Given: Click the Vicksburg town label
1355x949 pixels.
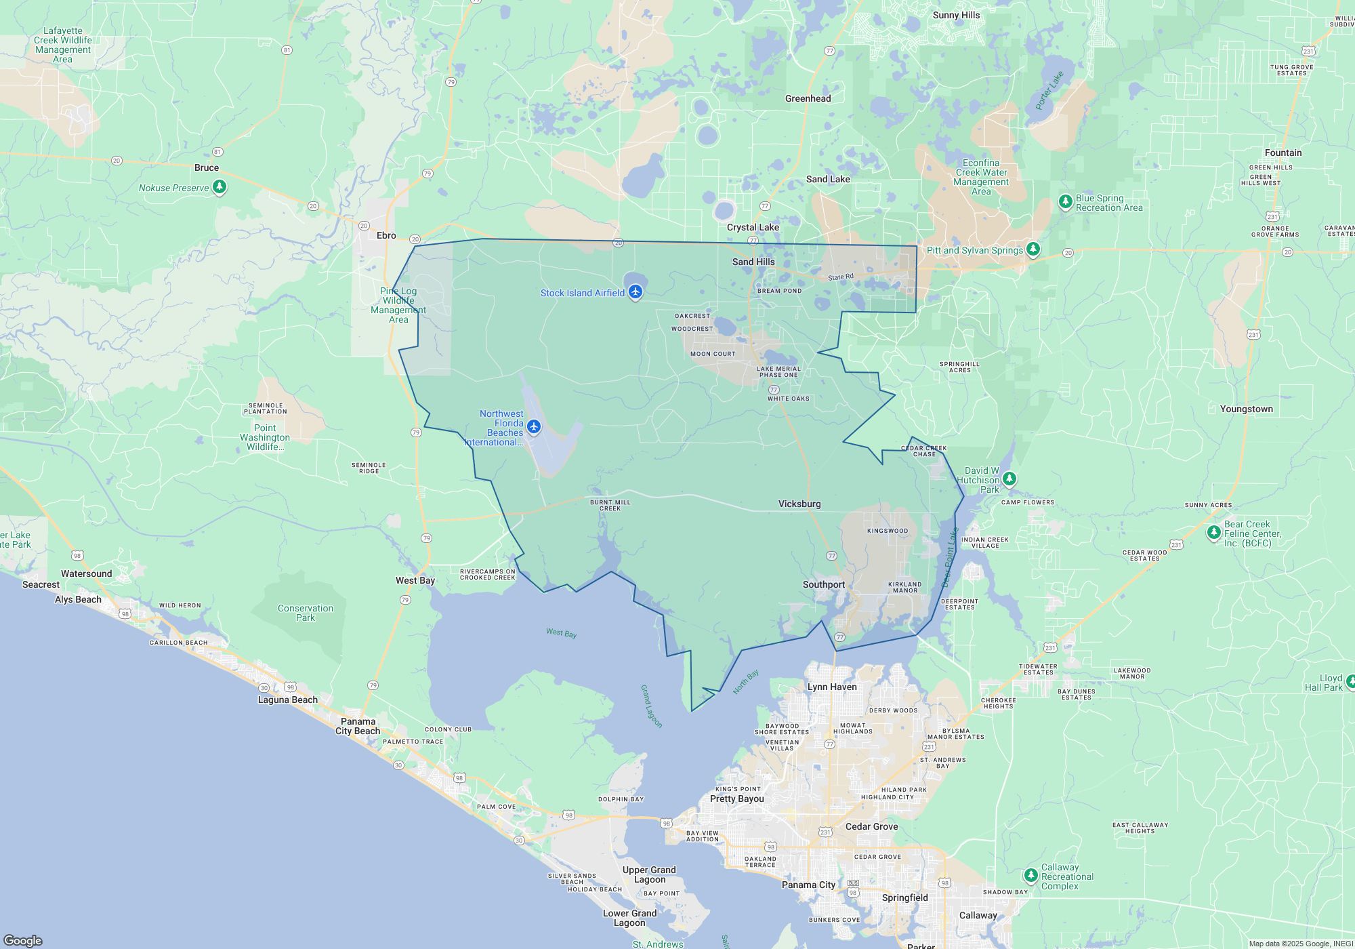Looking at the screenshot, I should coord(799,504).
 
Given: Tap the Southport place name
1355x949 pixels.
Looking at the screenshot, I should coord(823,584).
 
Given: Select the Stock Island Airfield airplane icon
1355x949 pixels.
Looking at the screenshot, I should coord(635,292).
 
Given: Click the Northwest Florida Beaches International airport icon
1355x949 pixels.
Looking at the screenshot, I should coord(534,426).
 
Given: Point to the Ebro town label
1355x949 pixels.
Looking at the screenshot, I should coord(386,235).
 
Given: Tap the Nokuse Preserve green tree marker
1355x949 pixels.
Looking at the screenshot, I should coord(219,186).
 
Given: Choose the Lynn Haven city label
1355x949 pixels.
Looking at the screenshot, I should coord(832,687).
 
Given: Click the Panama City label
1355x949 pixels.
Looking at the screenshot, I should coord(808,885).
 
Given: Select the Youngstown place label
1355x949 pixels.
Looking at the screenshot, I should coord(1246,409).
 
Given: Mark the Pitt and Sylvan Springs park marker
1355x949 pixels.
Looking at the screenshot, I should coord(1033,249).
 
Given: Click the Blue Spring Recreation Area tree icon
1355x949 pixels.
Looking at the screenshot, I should coord(1065,201).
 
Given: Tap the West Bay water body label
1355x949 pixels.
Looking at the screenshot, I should coord(561,633).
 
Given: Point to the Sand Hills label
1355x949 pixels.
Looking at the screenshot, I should coord(753,262).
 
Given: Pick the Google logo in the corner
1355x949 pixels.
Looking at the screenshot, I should coord(23,940).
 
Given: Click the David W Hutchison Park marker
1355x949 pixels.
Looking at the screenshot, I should coord(1009,479).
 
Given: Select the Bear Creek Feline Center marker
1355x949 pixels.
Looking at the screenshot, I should coord(1213,533).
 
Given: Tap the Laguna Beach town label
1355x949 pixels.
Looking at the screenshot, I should coord(287,700).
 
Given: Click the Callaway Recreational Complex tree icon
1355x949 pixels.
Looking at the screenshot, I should coord(1030,875).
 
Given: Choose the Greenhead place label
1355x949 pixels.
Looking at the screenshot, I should coord(808,98).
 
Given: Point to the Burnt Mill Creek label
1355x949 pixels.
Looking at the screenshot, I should coord(610,505).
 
